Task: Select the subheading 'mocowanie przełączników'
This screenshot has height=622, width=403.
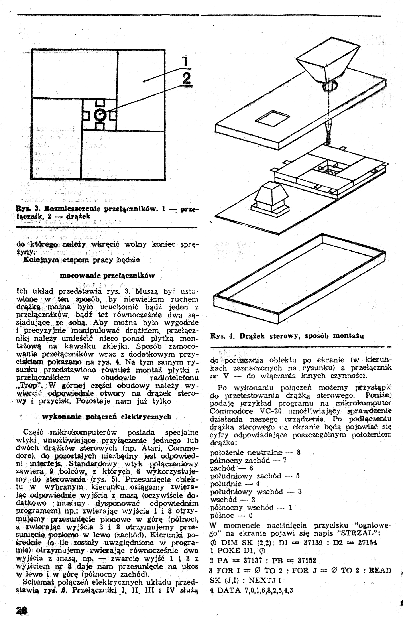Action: click(107, 276)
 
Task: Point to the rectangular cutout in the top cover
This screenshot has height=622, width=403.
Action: click(272, 117)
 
